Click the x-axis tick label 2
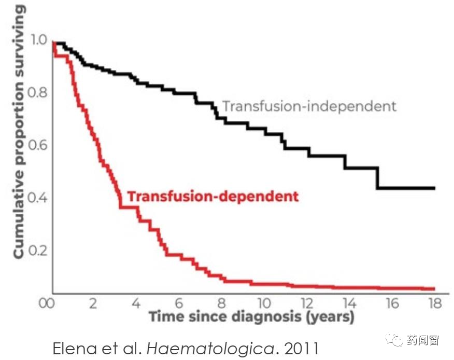[93, 303]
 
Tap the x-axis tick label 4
[136, 303]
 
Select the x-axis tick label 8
[222, 303]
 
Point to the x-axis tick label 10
[264, 303]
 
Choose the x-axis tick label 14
[349, 303]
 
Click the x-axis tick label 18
[434, 303]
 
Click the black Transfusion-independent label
[309, 106]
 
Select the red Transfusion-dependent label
[213, 197]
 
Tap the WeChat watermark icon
[398, 340]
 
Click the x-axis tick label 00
[47, 303]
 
